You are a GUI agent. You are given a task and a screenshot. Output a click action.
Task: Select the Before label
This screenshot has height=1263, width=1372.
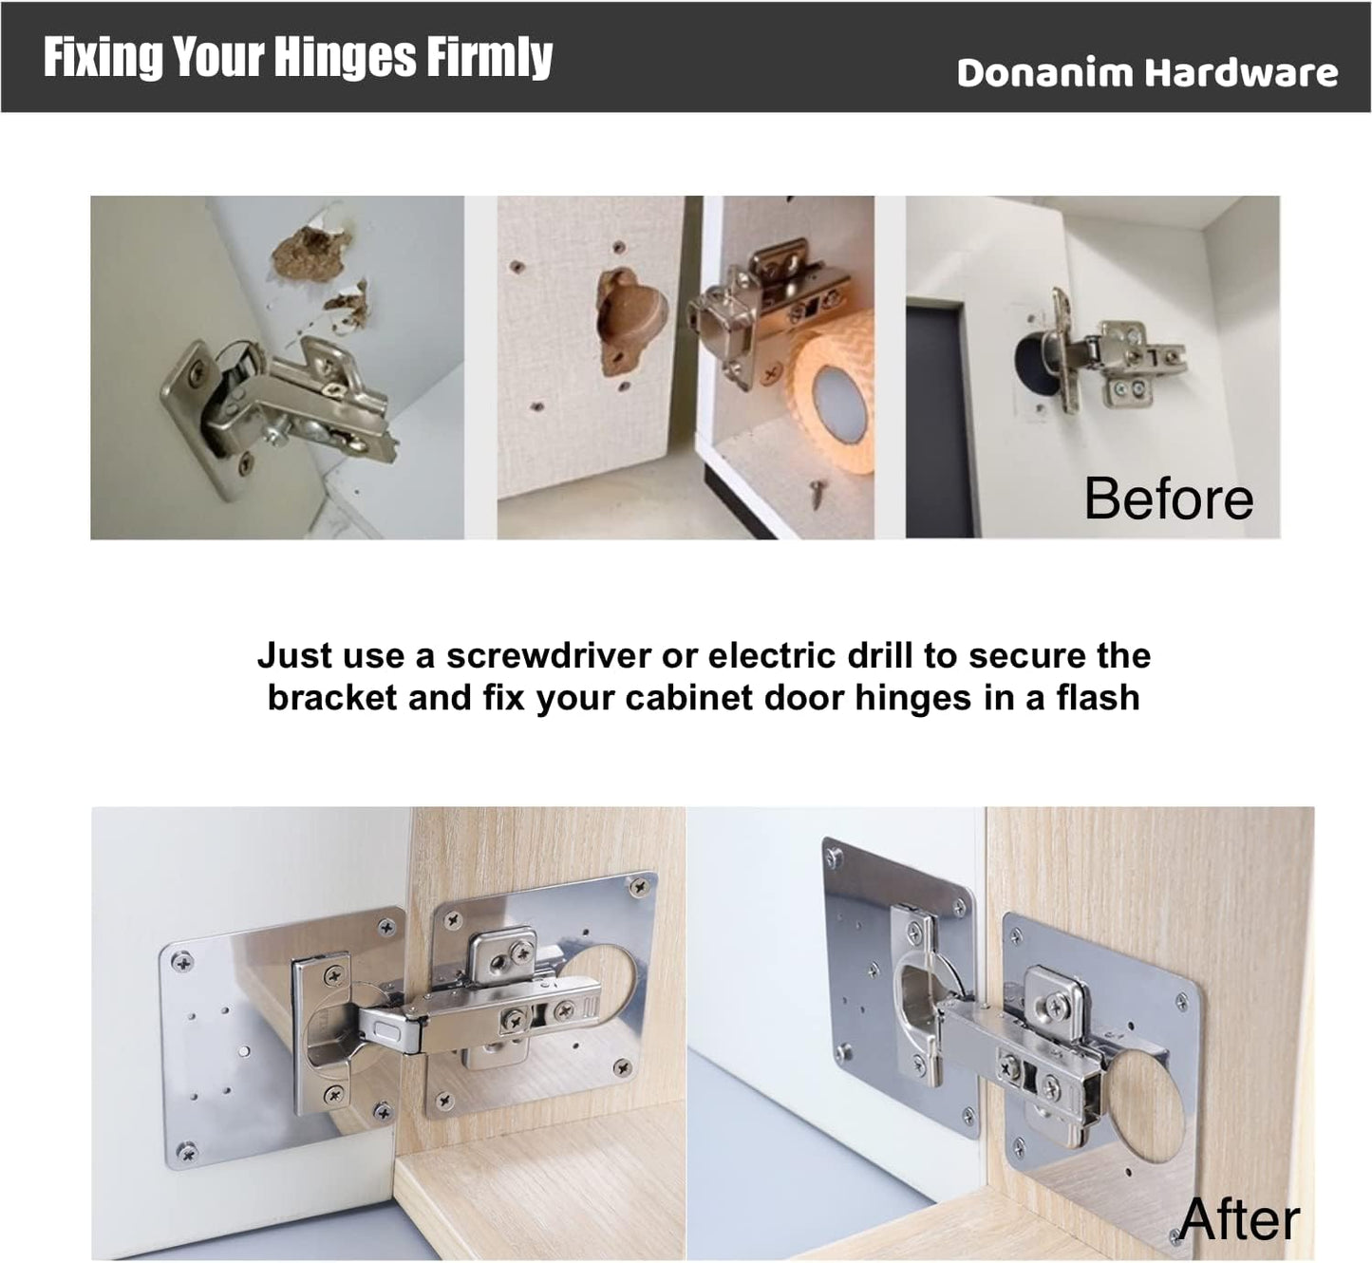tap(1168, 499)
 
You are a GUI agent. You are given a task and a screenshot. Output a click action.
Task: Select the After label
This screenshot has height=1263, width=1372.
tap(1239, 1219)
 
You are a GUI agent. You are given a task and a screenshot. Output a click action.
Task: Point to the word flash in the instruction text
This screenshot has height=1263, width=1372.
tap(1097, 698)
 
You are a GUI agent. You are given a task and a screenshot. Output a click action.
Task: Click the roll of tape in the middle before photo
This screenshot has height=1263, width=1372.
tap(834, 389)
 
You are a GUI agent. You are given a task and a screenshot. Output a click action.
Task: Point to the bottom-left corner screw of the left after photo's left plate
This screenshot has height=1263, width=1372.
tap(187, 1151)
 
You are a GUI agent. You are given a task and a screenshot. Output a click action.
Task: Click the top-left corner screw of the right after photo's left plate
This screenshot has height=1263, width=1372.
tap(835, 858)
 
